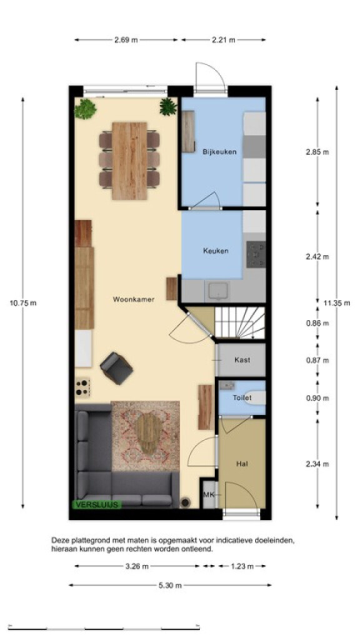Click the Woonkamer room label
(x=134, y=299)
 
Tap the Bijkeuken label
(x=219, y=152)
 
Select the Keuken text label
(x=216, y=251)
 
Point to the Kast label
(x=242, y=360)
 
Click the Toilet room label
(x=242, y=397)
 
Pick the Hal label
(x=242, y=464)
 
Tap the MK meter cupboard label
(x=209, y=495)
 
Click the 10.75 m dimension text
(x=23, y=303)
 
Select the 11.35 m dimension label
(x=337, y=303)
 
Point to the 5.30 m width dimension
(x=170, y=585)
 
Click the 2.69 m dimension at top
(x=126, y=40)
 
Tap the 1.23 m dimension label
(x=242, y=566)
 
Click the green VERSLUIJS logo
(x=97, y=504)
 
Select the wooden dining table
(x=129, y=161)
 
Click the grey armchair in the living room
(x=116, y=368)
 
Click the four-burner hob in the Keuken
(x=256, y=254)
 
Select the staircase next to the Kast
(x=240, y=323)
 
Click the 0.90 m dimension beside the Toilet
(x=317, y=398)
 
